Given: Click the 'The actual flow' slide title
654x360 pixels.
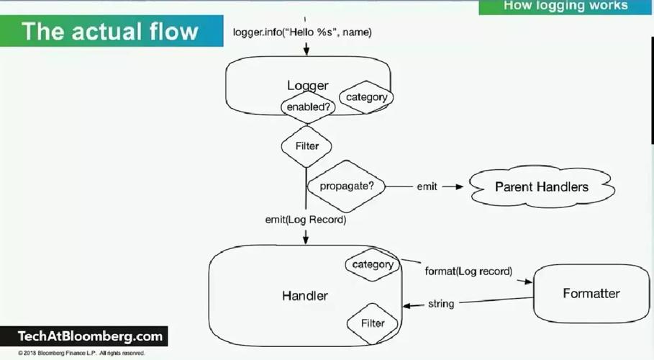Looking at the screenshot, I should click(x=109, y=31).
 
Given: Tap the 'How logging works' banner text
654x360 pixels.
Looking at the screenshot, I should click(x=566, y=6).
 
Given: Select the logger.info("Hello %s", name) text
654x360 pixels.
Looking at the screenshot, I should click(x=302, y=32).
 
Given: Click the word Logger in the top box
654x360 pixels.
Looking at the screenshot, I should click(x=307, y=86).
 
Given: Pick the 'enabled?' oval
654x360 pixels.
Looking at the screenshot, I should click(x=308, y=107).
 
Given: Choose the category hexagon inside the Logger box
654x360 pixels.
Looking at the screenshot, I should click(x=366, y=97).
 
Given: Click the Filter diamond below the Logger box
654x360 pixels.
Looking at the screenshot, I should click(x=307, y=145).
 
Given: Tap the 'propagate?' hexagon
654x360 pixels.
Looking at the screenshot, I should click(x=346, y=186).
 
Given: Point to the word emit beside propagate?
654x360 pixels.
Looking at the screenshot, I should click(x=427, y=186).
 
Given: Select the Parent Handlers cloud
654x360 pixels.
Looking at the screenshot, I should click(x=541, y=187).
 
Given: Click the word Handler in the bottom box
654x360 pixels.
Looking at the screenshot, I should click(x=304, y=295).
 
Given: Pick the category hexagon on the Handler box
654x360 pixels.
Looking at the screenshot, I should click(x=373, y=264).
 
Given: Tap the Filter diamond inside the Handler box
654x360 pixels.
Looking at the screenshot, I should click(x=373, y=323).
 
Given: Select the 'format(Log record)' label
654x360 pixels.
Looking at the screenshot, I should click(x=468, y=271).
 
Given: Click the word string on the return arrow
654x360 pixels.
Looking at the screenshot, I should click(x=441, y=304).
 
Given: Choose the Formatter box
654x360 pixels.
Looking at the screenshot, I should click(x=591, y=293).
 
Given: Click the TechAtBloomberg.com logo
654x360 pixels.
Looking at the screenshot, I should click(x=91, y=336).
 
